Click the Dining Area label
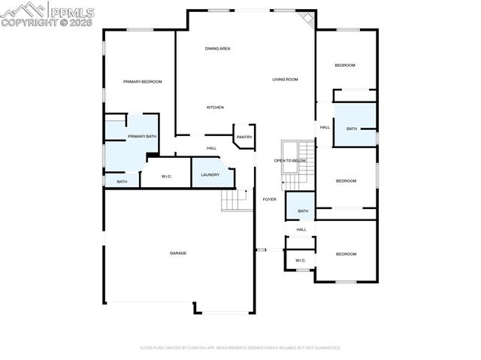[217, 48]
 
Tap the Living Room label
[285, 79]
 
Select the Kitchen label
[215, 107]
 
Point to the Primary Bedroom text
[143, 81]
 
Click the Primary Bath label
[141, 136]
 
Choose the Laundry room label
[210, 174]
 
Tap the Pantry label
[244, 137]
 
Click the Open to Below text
[289, 160]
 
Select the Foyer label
[269, 199]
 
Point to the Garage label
[178, 253]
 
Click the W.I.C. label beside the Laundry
[168, 177]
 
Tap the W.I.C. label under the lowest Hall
[301, 261]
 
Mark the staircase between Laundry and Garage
[235, 200]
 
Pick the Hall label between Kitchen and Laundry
[212, 148]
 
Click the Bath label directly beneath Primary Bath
[122, 181]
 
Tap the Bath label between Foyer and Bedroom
[302, 211]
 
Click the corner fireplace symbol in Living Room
[306, 18]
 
